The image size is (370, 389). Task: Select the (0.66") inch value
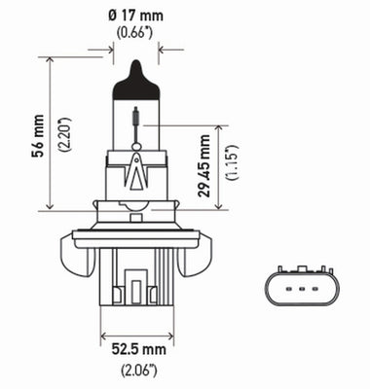click(136, 33)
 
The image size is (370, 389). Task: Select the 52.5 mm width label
click(135, 349)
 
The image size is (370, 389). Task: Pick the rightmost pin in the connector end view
click(315, 287)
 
